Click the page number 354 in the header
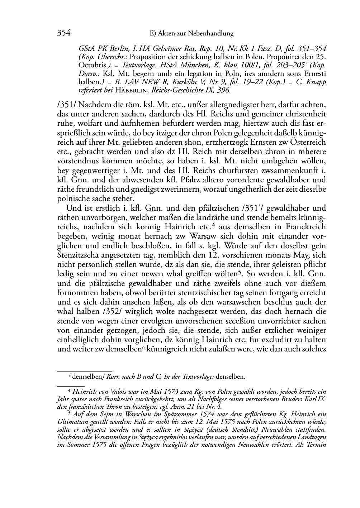click(63, 34)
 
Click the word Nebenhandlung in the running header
click(213, 34)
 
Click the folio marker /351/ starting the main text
click(67, 106)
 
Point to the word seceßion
click(208, 321)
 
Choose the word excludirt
click(271, 339)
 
